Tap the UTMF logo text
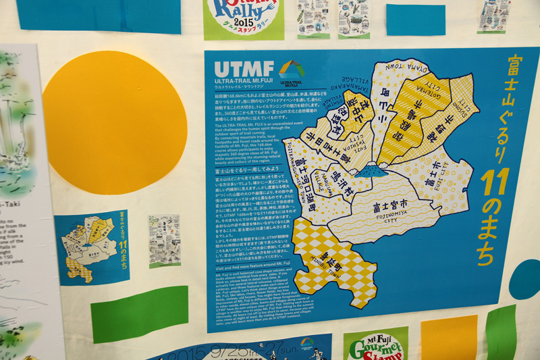(244, 68)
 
